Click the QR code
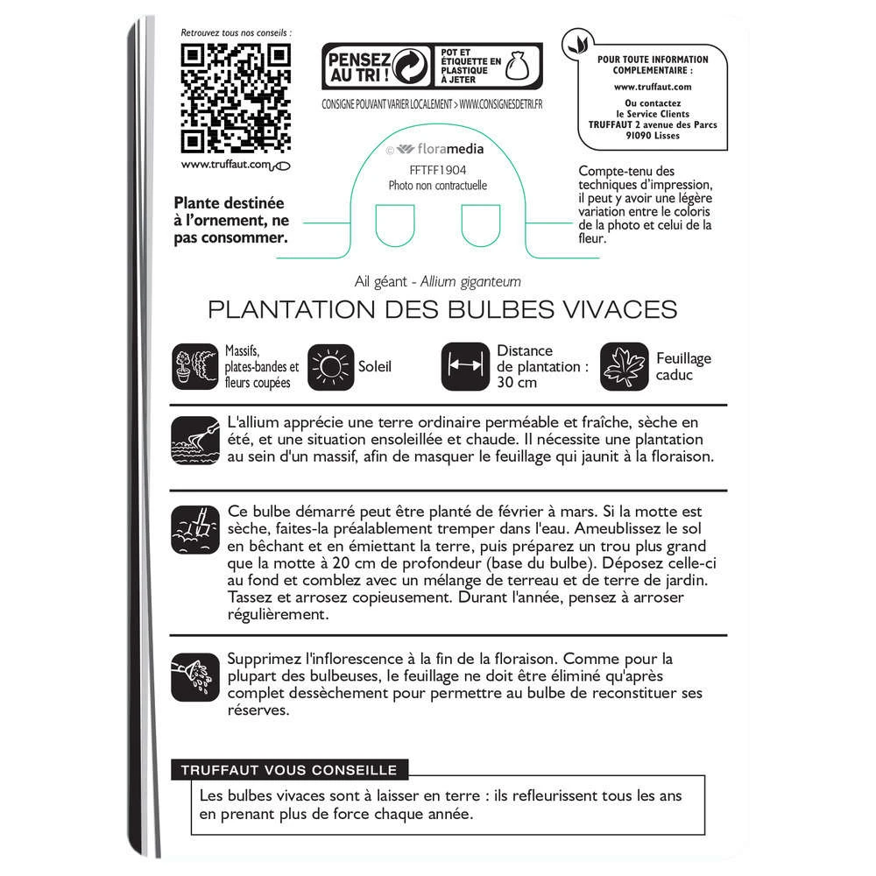(x=235, y=97)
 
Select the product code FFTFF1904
(x=437, y=172)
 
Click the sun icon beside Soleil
(x=331, y=365)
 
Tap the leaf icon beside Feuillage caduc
(x=624, y=366)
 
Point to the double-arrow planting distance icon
(x=464, y=365)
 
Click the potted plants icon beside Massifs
(x=195, y=365)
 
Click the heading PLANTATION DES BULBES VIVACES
(x=442, y=311)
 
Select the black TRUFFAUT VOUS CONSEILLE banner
(x=288, y=771)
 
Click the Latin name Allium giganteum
(x=470, y=281)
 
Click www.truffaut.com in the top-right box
(x=653, y=87)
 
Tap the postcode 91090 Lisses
(x=653, y=137)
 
